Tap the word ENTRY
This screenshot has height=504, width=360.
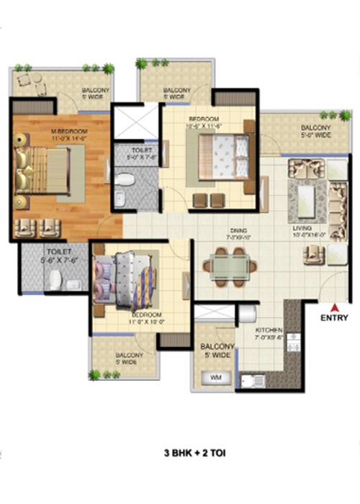pos(334,318)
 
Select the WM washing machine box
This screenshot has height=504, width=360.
pos(215,377)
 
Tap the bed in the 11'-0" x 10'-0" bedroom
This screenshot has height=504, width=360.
pos(127,277)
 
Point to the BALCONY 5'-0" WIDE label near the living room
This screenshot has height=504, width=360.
pos(314,131)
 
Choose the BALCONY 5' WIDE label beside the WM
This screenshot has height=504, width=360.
pos(215,351)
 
